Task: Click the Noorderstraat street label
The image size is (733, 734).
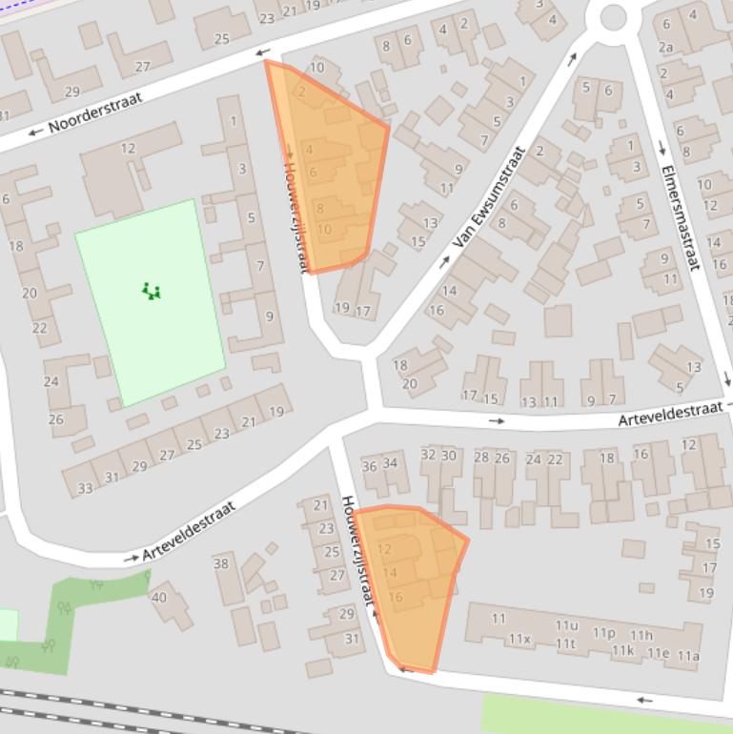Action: pos(94,112)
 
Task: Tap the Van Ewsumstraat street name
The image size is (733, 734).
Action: pos(489,197)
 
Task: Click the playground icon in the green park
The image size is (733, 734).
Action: pos(151,291)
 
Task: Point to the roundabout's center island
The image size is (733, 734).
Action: pos(612,16)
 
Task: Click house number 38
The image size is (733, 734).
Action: pos(221,562)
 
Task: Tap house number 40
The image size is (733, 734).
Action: pos(158,598)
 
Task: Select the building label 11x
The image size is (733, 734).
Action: pos(519,639)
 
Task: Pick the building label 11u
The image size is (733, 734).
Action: pos(566,625)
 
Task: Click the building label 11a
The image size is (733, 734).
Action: pos(687,656)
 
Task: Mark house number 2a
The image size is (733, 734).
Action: pos(664,47)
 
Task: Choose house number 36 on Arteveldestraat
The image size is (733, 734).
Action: pos(370,464)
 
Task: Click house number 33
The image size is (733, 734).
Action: pos(85,488)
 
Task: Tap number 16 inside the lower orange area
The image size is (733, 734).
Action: pos(396,598)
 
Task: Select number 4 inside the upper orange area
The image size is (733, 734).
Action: pos(309,150)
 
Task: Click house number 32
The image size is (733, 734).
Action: pos(428,455)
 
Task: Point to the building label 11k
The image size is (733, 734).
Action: pos(622,650)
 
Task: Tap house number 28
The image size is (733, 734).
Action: pos(481,458)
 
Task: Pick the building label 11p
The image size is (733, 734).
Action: pos(603,632)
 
